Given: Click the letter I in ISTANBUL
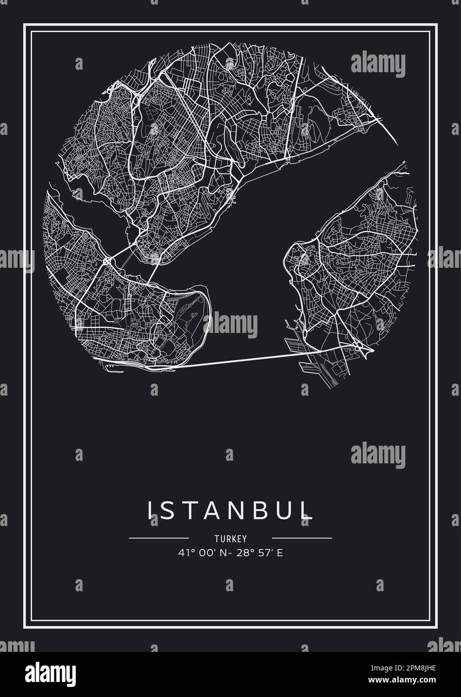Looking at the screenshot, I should point(150,510).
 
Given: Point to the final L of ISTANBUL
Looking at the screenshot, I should point(306,510).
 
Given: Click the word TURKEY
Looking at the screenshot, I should point(230,539).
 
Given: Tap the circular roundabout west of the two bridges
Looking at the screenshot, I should point(107,261).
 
